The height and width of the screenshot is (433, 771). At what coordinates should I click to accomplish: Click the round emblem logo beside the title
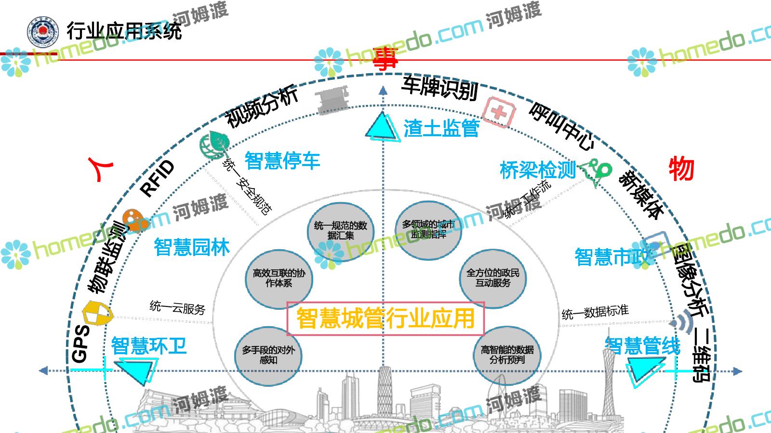pyautogui.click(x=43, y=31)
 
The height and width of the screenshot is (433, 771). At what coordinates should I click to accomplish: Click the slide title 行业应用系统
pyautogui.click(x=124, y=31)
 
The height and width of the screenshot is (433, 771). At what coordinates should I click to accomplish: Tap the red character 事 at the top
pyautogui.click(x=385, y=60)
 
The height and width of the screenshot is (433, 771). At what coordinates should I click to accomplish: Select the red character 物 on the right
pyautogui.click(x=681, y=169)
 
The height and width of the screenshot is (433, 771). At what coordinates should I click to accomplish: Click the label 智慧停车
pyautogui.click(x=282, y=161)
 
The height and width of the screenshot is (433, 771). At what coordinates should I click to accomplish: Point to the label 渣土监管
pyautogui.click(x=441, y=128)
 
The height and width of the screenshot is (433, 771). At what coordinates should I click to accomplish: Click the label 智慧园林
pyautogui.click(x=192, y=247)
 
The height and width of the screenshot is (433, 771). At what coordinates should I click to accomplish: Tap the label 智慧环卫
pyautogui.click(x=148, y=346)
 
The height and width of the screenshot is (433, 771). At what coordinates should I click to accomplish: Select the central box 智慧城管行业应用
pyautogui.click(x=385, y=318)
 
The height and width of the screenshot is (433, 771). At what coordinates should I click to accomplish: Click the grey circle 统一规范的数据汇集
pyautogui.click(x=340, y=231)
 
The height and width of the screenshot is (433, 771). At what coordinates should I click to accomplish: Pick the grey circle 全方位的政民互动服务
pyautogui.click(x=492, y=278)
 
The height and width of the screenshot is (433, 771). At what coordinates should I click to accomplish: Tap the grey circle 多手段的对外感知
pyautogui.click(x=268, y=355)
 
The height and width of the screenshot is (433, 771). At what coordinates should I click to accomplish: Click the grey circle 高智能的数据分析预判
pyautogui.click(x=507, y=355)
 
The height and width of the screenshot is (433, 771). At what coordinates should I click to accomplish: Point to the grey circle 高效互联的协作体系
pyautogui.click(x=279, y=279)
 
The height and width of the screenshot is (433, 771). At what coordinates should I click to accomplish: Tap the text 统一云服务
pyautogui.click(x=177, y=307)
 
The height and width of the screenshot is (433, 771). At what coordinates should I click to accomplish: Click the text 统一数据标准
pyautogui.click(x=595, y=313)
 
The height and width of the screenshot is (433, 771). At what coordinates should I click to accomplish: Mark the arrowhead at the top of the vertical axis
pyautogui.click(x=383, y=89)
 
